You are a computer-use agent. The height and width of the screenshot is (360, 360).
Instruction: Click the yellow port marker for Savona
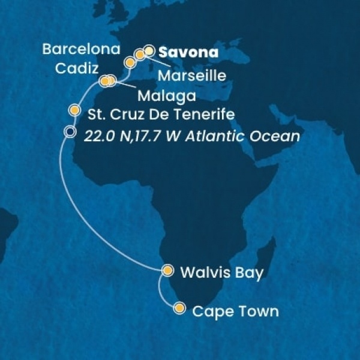(149, 50)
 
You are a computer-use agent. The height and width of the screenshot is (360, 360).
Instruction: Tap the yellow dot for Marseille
(140, 55)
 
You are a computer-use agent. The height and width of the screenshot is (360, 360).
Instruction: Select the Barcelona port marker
(129, 62)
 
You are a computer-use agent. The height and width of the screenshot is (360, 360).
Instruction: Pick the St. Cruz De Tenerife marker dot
(74, 110)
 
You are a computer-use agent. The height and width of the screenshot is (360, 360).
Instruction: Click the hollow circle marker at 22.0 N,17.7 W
(70, 133)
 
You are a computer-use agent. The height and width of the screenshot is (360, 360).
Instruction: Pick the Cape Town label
(235, 311)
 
